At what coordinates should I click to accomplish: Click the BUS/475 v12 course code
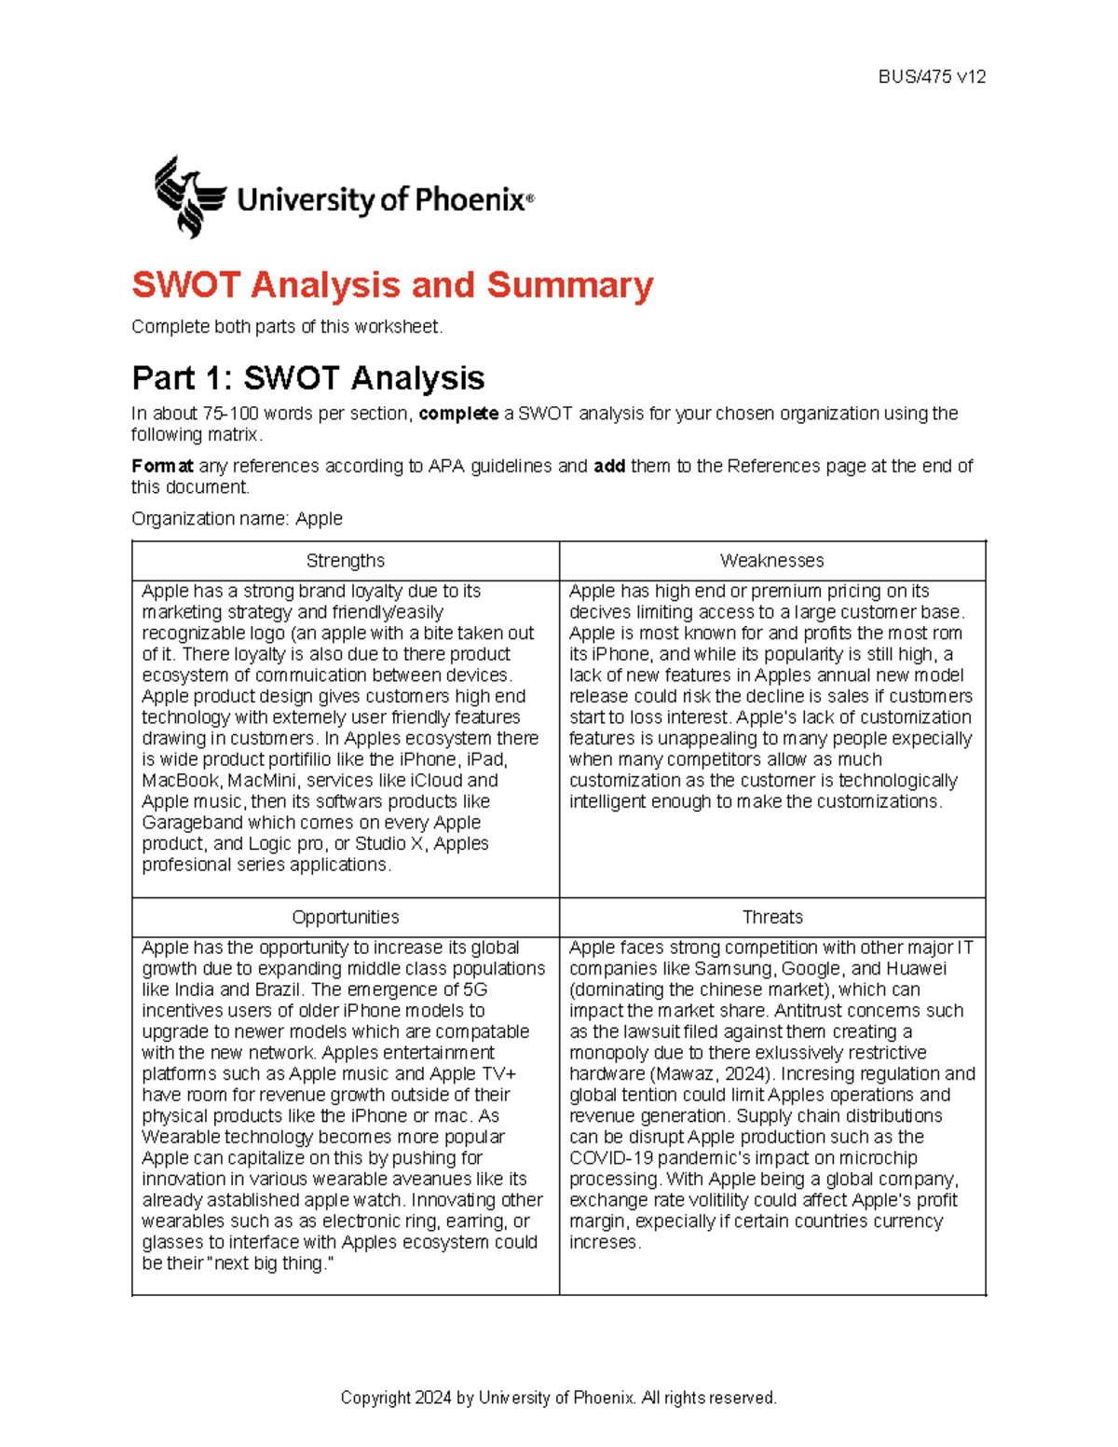932,77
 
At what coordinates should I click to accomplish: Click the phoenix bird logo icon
189,197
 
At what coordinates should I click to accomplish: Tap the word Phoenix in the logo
469,199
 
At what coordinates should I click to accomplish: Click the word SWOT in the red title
186,285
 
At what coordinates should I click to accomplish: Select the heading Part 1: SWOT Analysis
307,378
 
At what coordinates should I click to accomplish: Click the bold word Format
162,466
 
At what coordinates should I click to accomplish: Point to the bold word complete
458,414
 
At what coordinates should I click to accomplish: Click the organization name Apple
319,519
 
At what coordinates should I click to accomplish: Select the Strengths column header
345,561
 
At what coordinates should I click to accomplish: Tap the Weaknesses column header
771,561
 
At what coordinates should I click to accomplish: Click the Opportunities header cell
345,918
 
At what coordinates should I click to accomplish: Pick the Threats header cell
771,918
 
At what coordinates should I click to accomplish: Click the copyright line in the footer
558,1398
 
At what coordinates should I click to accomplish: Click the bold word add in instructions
609,466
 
